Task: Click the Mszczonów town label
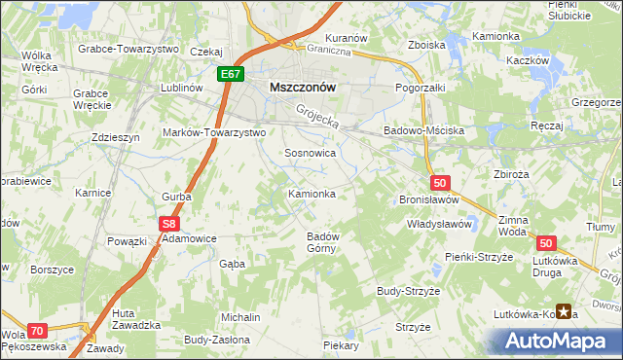tap(302, 87)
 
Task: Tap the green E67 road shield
tap(231, 73)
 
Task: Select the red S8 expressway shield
tap(165, 224)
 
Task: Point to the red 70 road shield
tap(37, 331)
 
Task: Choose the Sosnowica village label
tap(310, 154)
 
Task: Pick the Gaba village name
tap(232, 264)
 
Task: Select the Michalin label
tap(240, 318)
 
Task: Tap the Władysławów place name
tap(439, 224)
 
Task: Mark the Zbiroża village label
tap(511, 176)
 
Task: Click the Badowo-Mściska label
tap(423, 130)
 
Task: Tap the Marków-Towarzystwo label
tap(214, 132)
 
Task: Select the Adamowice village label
tap(189, 237)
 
